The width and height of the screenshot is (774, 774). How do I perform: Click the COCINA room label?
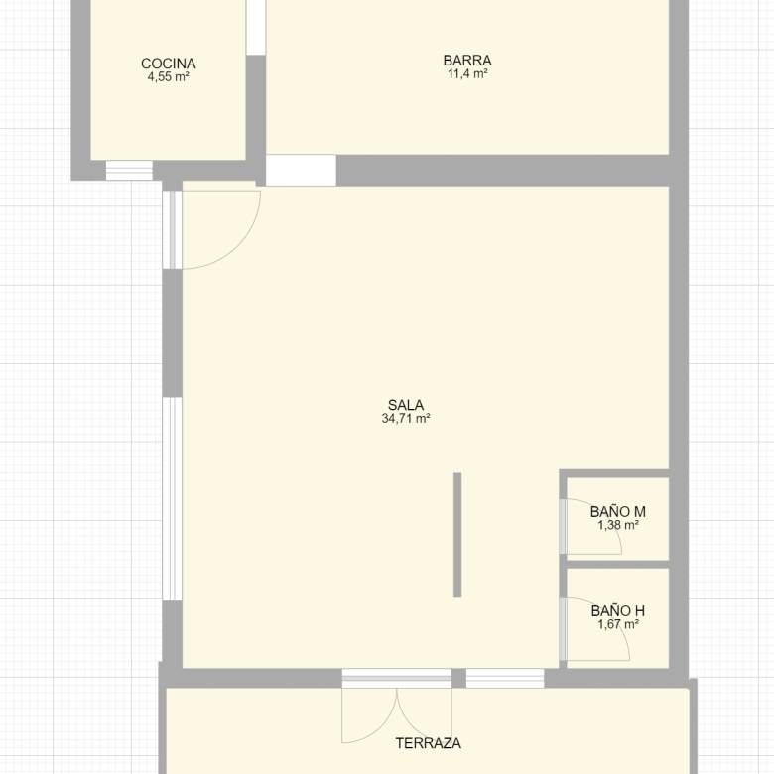click(169, 64)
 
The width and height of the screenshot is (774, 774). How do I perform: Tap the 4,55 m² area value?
click(169, 77)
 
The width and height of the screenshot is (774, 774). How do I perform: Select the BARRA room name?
click(467, 61)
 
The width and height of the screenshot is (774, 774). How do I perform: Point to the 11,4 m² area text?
click(467, 74)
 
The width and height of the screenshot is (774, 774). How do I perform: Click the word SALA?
click(406, 405)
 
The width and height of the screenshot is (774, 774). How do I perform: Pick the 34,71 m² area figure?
click(406, 419)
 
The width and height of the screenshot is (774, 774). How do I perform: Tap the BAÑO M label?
click(618, 512)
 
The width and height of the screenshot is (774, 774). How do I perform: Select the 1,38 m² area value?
click(618, 525)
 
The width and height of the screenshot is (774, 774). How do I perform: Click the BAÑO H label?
click(618, 611)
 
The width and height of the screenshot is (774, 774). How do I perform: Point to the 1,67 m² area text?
click(618, 624)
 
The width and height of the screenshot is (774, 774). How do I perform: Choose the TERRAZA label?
click(429, 743)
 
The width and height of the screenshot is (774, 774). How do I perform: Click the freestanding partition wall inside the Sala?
click(457, 535)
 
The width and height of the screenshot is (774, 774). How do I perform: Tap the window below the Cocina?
click(129, 171)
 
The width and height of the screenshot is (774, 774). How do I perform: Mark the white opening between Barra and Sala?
click(301, 171)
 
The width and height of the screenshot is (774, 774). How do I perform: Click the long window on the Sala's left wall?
click(173, 499)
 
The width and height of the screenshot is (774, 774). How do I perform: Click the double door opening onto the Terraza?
click(397, 706)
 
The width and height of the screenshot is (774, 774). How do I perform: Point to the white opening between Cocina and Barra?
click(256, 27)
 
